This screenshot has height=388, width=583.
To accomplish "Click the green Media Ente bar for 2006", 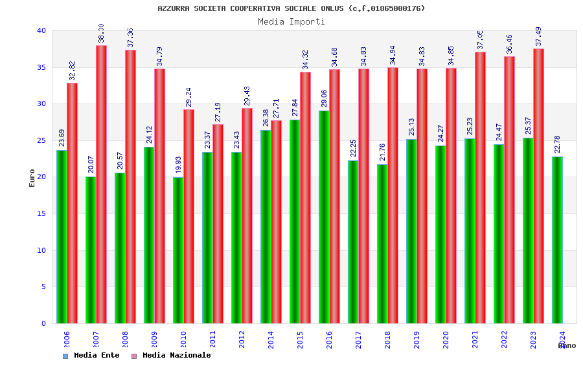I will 62,237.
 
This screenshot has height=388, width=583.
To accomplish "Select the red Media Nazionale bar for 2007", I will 102,184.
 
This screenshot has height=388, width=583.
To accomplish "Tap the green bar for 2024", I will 557,240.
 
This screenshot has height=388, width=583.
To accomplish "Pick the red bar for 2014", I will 277,222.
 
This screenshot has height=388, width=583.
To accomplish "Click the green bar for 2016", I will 324,217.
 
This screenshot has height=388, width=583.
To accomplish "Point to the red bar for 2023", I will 539,186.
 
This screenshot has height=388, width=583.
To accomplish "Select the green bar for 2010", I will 178,250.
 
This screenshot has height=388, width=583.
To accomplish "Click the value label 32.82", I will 73,70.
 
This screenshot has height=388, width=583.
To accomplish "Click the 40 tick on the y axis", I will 41,30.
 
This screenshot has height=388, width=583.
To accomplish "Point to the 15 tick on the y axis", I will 41,213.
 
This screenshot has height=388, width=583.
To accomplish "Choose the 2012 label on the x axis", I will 242,339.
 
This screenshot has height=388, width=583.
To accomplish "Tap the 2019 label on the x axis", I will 417,339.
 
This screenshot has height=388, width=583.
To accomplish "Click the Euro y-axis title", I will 32,178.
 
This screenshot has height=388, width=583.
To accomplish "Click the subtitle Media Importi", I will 291,21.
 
